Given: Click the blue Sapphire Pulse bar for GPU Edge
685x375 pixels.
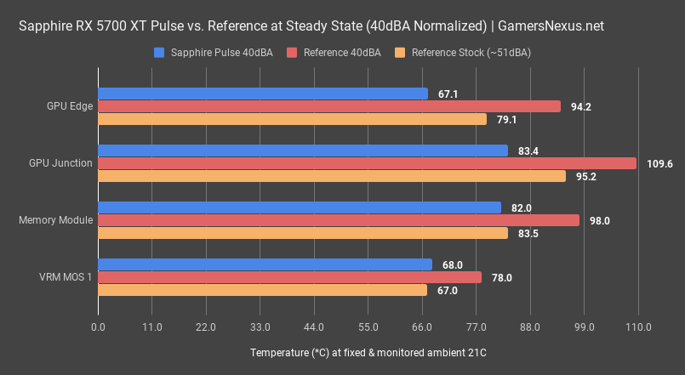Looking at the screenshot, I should click(263, 94).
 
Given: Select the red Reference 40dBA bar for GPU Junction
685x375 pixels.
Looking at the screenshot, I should click(367, 163).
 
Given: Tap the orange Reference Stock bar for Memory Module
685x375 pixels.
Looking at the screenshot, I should click(303, 233).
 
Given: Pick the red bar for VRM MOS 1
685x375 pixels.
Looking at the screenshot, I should click(289, 277).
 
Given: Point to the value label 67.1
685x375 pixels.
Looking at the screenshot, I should click(448, 94).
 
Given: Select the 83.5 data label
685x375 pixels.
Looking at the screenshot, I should click(529, 233).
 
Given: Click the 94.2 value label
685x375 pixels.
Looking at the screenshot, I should click(581, 106).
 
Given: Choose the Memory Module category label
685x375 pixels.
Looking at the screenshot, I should click(55, 220).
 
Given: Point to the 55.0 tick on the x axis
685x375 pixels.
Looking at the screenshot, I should click(368, 327).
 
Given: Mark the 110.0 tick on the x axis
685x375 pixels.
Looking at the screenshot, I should click(638, 327).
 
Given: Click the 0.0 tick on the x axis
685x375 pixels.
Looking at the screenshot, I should click(99, 327).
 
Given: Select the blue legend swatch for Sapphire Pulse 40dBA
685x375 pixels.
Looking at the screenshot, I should click(159, 53).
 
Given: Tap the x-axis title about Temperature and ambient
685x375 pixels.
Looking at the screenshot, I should click(368, 352).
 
